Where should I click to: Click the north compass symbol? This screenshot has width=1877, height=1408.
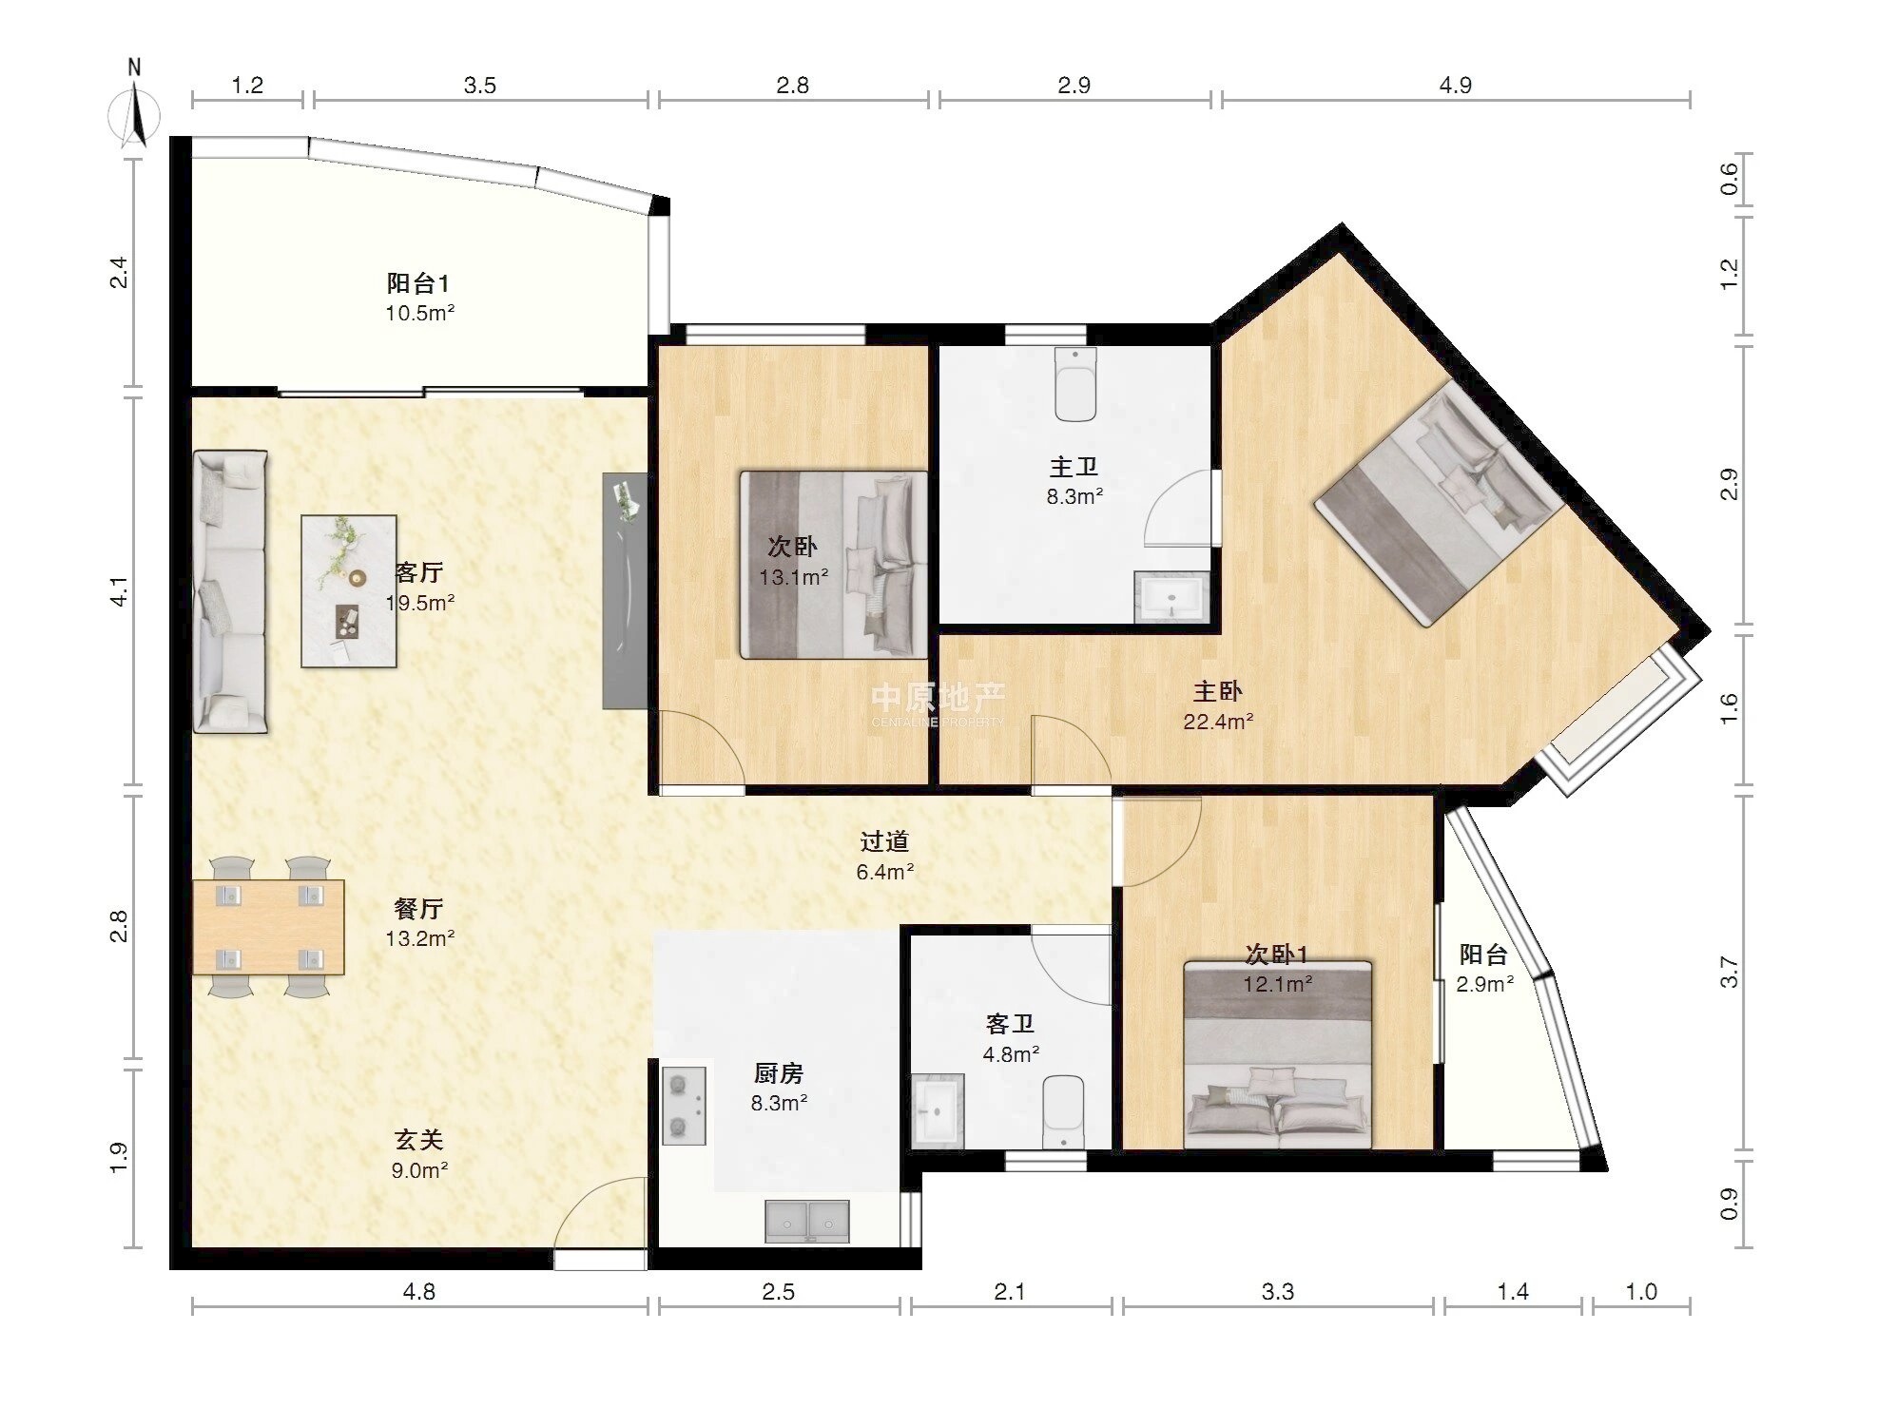[134, 110]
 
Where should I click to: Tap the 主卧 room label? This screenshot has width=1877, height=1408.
[1217, 691]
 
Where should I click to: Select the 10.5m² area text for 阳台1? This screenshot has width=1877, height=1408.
[419, 313]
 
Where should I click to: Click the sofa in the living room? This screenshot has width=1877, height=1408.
[231, 591]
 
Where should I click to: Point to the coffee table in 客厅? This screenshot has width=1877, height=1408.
[349, 590]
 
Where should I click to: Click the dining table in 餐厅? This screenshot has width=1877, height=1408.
[268, 927]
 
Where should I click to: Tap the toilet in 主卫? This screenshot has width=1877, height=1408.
[1075, 384]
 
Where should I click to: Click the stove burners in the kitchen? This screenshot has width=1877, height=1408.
[684, 1105]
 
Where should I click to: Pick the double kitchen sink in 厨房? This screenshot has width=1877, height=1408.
[807, 1221]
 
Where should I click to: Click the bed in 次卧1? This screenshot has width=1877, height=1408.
[1278, 1054]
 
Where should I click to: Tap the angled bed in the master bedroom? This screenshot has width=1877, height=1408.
[1438, 503]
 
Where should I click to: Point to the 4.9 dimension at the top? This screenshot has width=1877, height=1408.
[1455, 86]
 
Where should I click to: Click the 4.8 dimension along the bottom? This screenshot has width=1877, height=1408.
[419, 1291]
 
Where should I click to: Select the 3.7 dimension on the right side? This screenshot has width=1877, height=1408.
[1729, 973]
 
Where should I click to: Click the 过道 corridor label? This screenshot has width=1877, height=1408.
[884, 841]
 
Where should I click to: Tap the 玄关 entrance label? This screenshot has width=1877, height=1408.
[419, 1139]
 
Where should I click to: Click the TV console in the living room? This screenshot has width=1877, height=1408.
[625, 590]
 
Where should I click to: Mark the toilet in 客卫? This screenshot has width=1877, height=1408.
[1064, 1111]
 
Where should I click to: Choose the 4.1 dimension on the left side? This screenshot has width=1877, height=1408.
[119, 592]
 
